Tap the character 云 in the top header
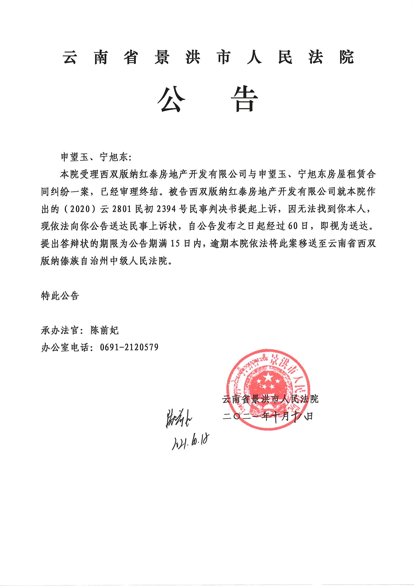pos(70,57)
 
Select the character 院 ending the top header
pos(346,57)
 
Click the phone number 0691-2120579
pos(129,347)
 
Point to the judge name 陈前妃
pos(105,330)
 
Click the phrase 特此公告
pos(60,296)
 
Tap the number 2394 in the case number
pos(166,209)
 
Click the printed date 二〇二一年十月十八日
pos(268,417)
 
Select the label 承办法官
pos(60,330)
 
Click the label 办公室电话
pos(65,347)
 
